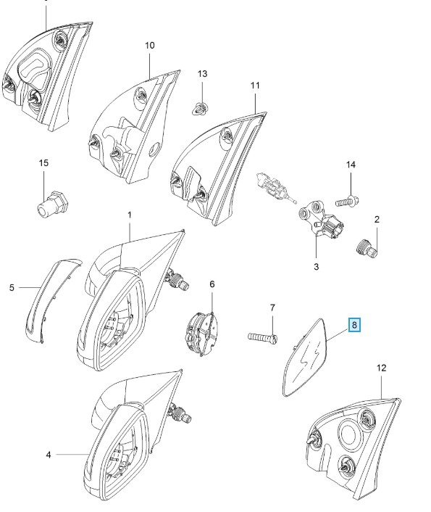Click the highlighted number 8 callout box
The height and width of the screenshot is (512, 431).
point(355,325)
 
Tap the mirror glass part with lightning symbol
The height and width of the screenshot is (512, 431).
point(305,358)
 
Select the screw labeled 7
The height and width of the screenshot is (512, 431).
point(263,337)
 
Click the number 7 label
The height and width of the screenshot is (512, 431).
point(272,307)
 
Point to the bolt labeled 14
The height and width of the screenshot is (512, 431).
point(348,201)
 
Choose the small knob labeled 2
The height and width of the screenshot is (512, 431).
point(366,248)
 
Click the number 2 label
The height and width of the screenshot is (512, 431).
point(377,220)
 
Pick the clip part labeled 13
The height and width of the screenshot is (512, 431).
point(200,108)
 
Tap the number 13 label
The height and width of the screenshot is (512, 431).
point(202,74)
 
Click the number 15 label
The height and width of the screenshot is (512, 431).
point(43,162)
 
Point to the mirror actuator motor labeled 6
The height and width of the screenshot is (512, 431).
point(202,333)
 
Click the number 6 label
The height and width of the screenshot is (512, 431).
point(212,284)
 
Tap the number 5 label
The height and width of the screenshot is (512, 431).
point(12,288)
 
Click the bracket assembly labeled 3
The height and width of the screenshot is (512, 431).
point(322,219)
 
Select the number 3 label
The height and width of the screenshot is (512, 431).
point(316,266)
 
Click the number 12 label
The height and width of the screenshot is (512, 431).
point(382,368)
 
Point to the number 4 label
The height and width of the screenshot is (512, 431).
point(49,455)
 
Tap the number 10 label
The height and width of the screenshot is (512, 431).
point(150,46)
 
